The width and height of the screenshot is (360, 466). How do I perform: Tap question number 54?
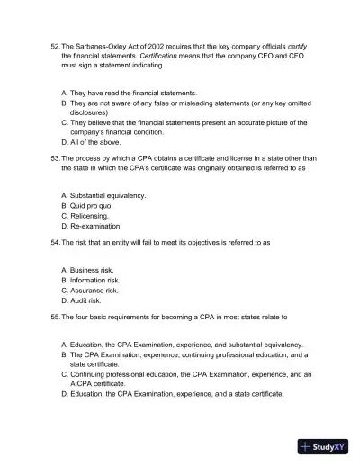point(54,242)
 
